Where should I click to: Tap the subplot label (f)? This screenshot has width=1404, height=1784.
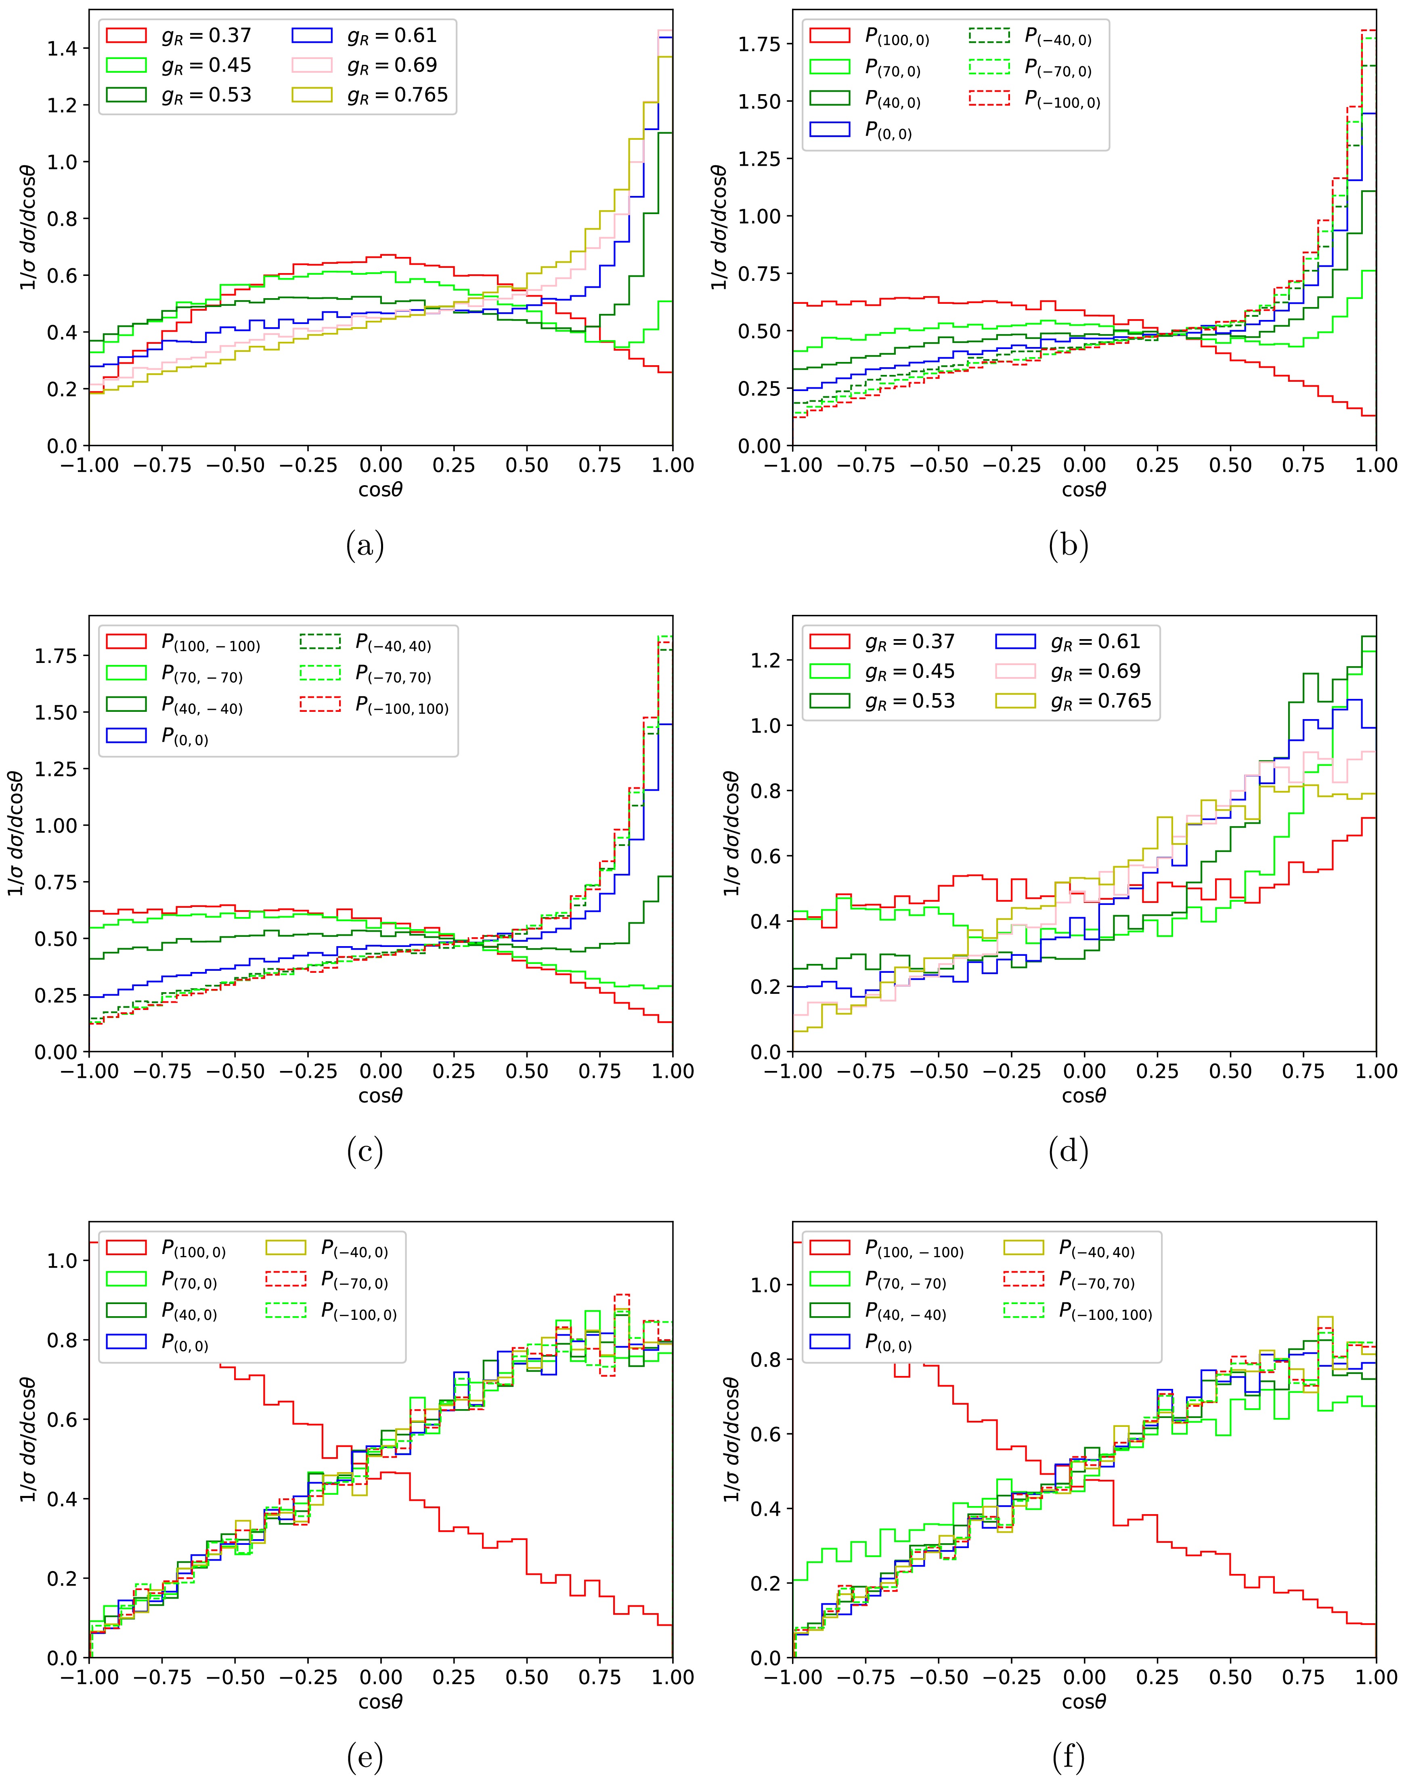1068,1758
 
